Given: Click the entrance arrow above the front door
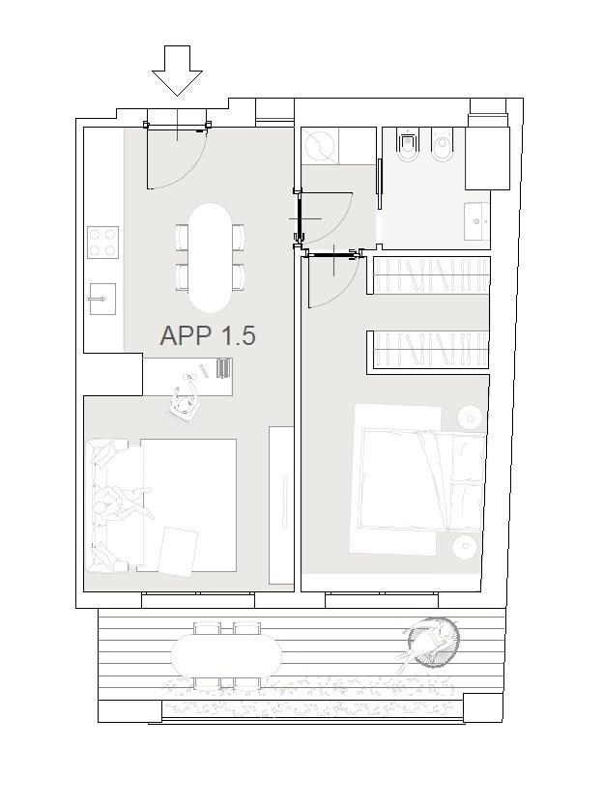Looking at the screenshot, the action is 177,71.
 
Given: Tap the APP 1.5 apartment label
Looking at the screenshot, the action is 208,335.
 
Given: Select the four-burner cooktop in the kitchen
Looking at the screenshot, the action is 102,243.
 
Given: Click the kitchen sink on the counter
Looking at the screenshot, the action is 102,299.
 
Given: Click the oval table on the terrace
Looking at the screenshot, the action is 226,655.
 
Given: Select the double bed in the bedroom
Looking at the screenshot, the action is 423,479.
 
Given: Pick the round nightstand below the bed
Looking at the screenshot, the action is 466,546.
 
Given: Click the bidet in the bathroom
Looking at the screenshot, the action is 408,144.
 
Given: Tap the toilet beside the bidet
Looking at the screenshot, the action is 444,144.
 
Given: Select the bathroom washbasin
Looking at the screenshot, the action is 476,221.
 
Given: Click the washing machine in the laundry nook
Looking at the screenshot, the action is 319,144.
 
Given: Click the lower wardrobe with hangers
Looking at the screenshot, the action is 428,352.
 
